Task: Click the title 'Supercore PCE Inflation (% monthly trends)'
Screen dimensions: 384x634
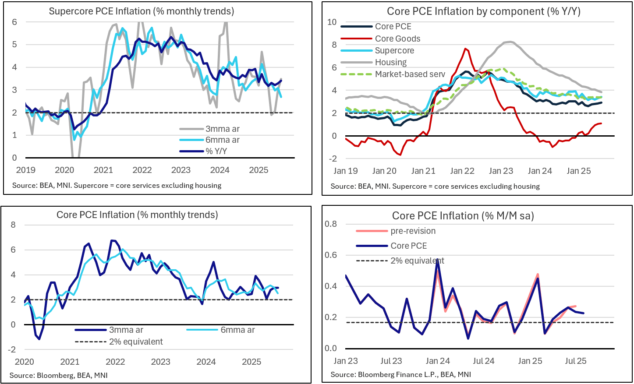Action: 141,11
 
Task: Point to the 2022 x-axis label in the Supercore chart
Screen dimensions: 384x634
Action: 142,170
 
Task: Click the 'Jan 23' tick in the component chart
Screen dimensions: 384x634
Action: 501,171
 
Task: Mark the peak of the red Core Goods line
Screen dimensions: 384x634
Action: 465,49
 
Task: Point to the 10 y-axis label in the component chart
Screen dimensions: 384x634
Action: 332,22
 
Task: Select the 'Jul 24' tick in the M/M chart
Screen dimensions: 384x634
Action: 484,361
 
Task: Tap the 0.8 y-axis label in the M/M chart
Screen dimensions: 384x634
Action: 331,224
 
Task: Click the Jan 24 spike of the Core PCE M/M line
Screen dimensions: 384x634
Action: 438,260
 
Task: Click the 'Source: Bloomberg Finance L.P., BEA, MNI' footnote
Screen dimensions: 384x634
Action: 400,374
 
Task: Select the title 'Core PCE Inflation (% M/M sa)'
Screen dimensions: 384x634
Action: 463,215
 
